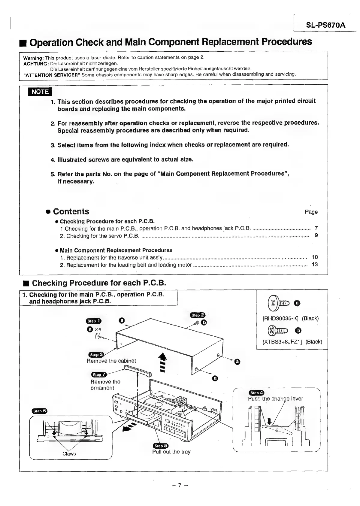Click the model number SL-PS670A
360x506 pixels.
click(326, 25)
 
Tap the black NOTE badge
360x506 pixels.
click(40, 92)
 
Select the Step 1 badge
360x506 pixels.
click(94, 321)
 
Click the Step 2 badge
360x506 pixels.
click(198, 315)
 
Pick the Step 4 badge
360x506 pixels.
click(256, 392)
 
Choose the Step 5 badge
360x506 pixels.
click(161, 446)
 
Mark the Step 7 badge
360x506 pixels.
click(99, 374)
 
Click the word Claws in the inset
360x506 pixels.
click(69, 454)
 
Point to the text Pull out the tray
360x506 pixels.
click(171, 452)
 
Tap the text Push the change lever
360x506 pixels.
click(275, 399)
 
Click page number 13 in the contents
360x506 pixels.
click(315, 265)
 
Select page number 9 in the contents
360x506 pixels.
click(316, 235)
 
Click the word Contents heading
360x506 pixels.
click(71, 211)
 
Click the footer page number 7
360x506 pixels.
click(180, 485)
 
